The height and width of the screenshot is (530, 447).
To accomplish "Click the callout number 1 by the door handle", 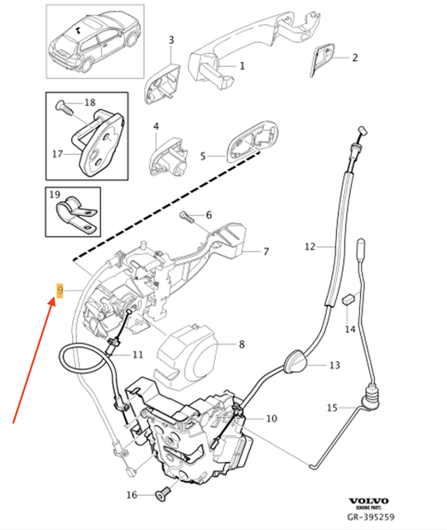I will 243,65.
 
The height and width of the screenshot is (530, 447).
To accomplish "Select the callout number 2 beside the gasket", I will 354,57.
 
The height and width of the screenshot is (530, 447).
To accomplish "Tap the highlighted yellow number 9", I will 59,290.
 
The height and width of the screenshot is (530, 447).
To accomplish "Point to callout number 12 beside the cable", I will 310,246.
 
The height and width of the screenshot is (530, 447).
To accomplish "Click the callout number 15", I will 332,407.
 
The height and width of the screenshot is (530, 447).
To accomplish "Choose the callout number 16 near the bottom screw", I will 130,495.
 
